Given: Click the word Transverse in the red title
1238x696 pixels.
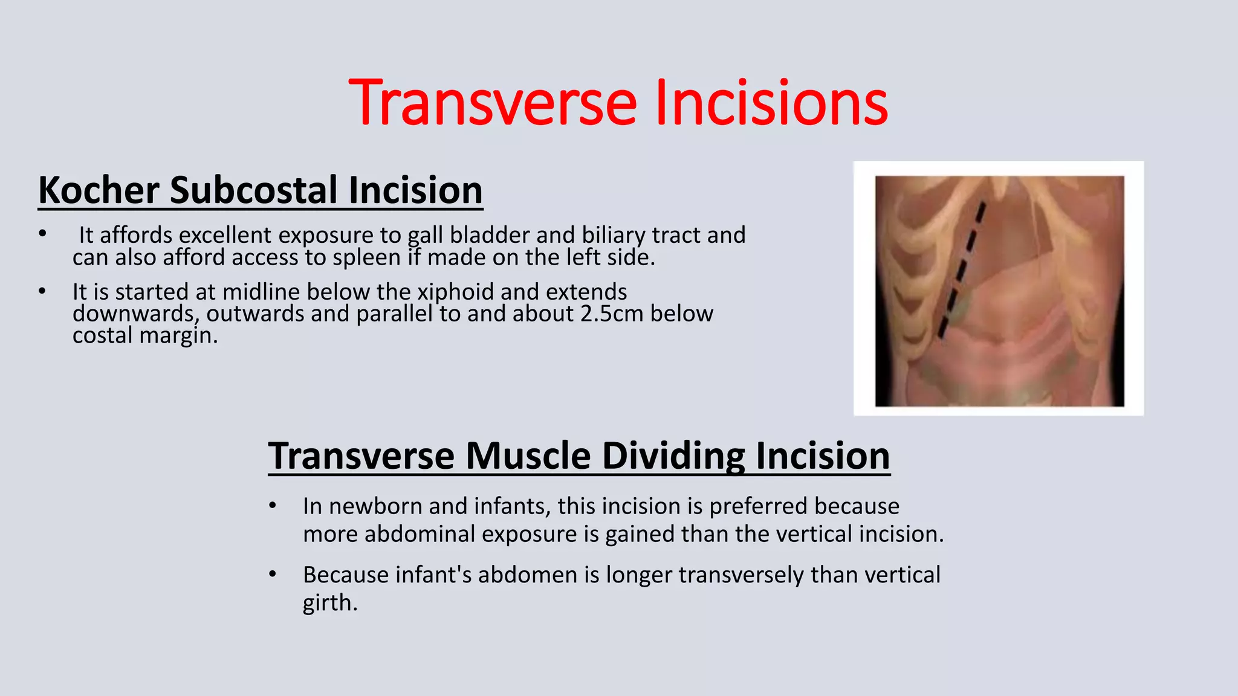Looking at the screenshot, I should pos(493,103).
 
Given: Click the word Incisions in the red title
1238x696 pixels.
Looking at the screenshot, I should pos(771,103).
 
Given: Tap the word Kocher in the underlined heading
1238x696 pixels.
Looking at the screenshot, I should pos(99,190).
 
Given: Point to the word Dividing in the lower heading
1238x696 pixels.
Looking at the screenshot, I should pos(673,456).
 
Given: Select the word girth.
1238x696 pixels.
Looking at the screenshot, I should pos(329,603).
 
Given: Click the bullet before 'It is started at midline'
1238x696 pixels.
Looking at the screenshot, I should pos(42,292).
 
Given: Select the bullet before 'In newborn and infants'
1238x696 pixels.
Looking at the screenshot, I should pos(273,506).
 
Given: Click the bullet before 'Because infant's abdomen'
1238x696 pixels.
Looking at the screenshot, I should pos(273,574).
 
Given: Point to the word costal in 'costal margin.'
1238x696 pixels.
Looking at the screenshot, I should pos(103,336).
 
